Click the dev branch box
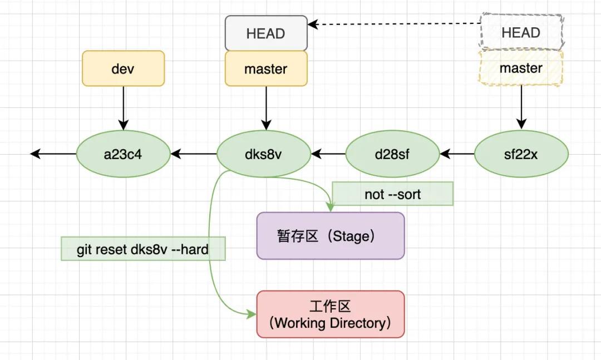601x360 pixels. click(123, 68)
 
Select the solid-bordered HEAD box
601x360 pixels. click(266, 33)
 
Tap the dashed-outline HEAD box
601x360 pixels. click(521, 32)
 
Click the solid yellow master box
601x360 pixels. click(266, 69)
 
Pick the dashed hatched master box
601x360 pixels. click(521, 68)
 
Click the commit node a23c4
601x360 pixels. click(123, 154)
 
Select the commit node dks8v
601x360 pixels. click(263, 154)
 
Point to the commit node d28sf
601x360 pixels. click(392, 154)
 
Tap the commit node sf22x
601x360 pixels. click(521, 154)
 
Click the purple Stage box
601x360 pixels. click(330, 236)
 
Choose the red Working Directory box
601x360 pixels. click(330, 314)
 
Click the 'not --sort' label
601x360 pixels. click(392, 194)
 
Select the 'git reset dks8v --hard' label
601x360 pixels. click(143, 249)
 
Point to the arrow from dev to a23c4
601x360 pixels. click(123, 108)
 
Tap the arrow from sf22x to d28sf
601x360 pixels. click(457, 153)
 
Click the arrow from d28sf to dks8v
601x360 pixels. click(328, 153)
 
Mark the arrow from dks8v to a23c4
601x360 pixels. click(193, 153)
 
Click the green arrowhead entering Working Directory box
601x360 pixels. click(251, 314)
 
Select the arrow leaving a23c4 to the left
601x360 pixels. click(53, 153)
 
